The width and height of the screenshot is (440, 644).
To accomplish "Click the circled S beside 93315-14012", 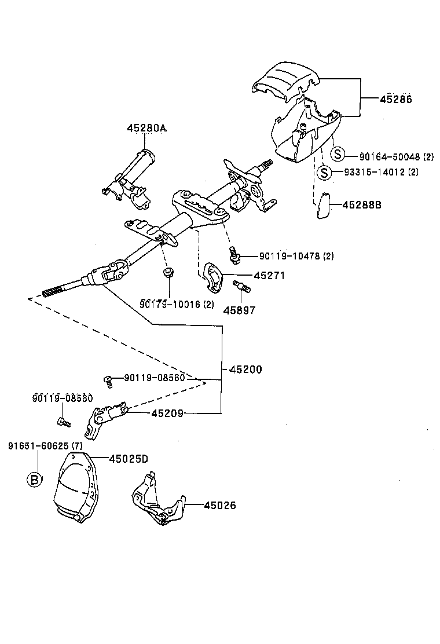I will (325, 172).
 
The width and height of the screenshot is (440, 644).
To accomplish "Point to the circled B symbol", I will (35, 479).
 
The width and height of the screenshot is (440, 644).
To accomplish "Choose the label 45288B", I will (361, 204).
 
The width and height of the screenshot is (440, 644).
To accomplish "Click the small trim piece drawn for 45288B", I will (322, 206).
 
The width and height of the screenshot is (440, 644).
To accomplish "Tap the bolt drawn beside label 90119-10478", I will (234, 253).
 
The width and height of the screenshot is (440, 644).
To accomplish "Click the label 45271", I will (269, 276).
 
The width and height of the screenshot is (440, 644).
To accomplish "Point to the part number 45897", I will (239, 310).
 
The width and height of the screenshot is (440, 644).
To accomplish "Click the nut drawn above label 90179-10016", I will (168, 272).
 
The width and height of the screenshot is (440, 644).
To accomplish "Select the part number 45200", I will (245, 369).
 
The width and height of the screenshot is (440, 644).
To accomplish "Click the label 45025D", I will (129, 458).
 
